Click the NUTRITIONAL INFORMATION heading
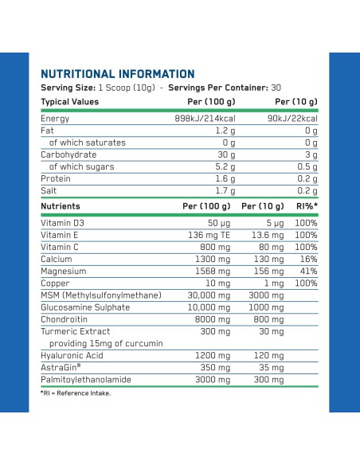118,74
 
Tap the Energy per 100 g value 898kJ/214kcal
205,119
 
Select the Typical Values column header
69,102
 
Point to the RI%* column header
307,206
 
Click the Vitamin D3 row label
63,223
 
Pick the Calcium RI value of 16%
308,260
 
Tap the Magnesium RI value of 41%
308,271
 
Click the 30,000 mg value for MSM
209,295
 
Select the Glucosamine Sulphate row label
85,307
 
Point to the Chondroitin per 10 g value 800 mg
268,319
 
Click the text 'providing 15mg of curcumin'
106,343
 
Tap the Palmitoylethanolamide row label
86,380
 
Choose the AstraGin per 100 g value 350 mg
215,368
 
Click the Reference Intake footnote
76,393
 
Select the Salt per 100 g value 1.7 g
225,190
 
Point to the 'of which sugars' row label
81,166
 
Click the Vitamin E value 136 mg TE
209,235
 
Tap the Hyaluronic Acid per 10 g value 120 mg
268,356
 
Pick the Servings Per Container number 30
276,88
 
